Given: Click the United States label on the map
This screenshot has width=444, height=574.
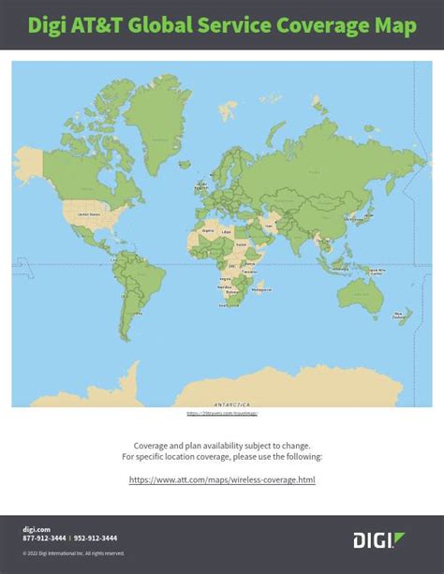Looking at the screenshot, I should [88, 214].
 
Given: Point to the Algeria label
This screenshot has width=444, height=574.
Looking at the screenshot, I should [208, 228].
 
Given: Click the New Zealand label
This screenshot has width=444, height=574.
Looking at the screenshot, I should [401, 316].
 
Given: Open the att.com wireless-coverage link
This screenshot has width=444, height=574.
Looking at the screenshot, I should [222, 479].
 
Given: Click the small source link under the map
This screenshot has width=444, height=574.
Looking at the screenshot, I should [222, 413].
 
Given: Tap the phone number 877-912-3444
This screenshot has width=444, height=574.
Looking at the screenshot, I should [43, 538].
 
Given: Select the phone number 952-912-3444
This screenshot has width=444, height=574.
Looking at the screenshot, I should [96, 538].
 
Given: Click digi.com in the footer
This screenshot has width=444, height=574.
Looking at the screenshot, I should [35, 529].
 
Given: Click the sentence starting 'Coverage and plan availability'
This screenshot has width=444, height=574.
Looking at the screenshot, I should [222, 446].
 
